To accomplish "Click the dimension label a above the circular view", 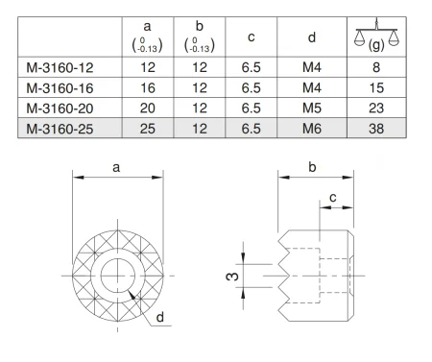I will click(x=116, y=168).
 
